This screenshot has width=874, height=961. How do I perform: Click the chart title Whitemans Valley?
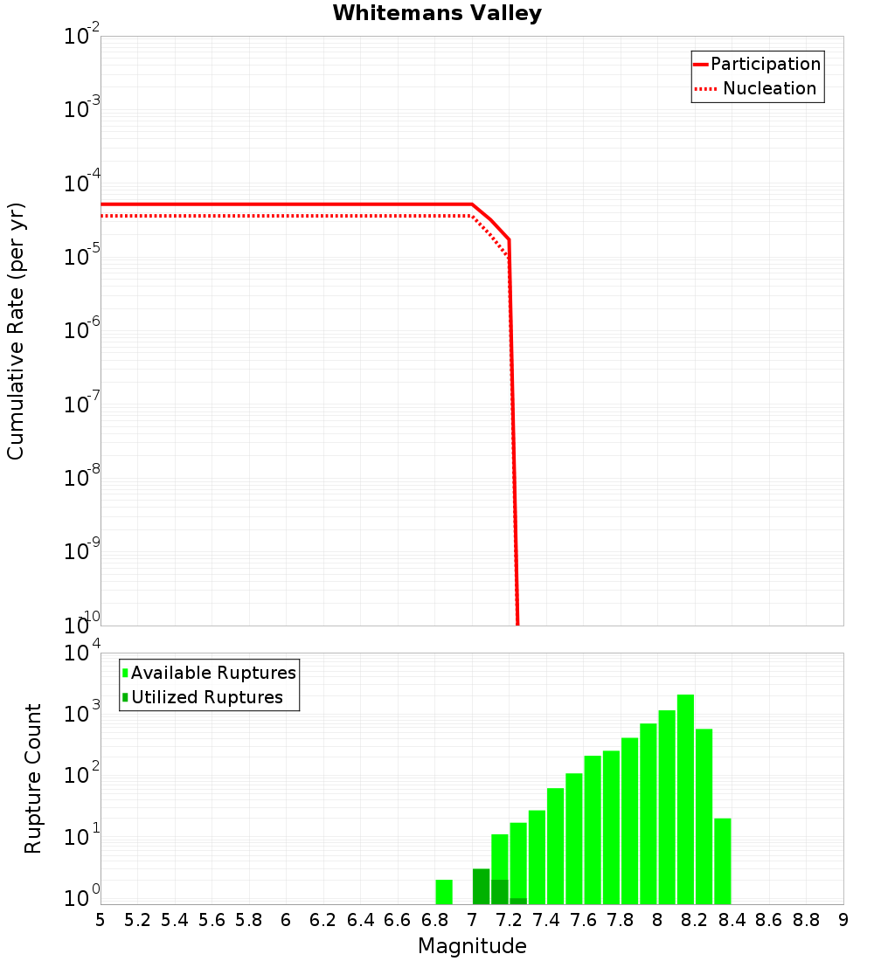[x=437, y=14]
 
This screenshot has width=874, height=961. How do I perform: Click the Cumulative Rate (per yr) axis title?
[x=16, y=330]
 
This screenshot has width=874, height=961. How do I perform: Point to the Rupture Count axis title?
[x=33, y=778]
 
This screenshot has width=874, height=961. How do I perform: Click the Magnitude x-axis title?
[x=472, y=946]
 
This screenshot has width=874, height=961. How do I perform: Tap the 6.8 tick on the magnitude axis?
[x=434, y=920]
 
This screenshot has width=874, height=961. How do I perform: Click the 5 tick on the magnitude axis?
[x=101, y=920]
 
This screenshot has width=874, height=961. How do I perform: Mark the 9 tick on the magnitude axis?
[x=843, y=920]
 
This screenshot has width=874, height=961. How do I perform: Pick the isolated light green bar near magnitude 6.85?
[x=444, y=892]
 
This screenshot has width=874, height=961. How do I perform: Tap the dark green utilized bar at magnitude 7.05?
[x=481, y=887]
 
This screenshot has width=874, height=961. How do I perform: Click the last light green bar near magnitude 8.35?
[x=722, y=861]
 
